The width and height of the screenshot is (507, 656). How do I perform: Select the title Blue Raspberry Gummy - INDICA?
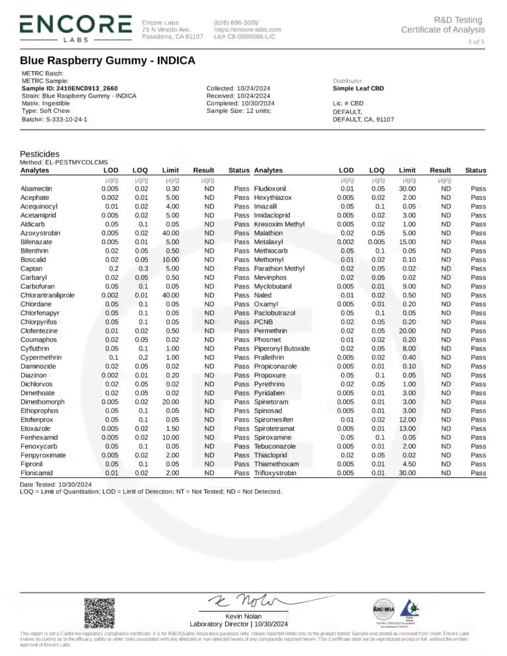pos(108,61)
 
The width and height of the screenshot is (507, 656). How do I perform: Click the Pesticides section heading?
pos(40,153)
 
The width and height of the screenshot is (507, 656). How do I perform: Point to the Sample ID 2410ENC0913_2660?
pos(70,88)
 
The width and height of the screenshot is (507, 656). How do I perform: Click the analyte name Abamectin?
pos(37,189)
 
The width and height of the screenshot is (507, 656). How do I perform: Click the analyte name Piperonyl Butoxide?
pos(282,348)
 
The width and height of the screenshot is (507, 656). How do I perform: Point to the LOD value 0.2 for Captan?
pos(113,269)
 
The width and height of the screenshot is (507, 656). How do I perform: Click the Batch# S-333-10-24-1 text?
pos(55,119)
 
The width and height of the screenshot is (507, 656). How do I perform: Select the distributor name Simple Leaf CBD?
pos(358,88)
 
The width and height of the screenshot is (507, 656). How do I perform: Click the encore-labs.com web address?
pos(248,29)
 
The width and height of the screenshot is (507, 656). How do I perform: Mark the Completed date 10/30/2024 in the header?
pos(240,104)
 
